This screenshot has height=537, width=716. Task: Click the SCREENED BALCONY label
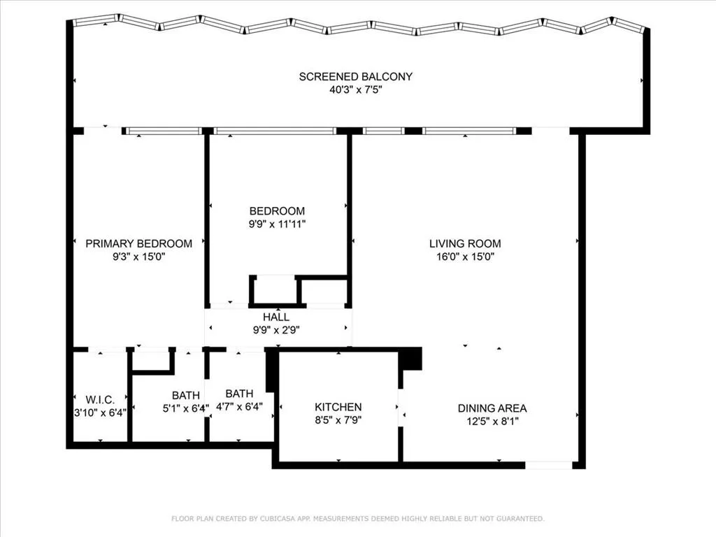click(355, 76)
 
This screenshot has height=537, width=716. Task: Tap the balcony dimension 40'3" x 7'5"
click(355, 89)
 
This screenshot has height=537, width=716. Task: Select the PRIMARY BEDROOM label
click(138, 243)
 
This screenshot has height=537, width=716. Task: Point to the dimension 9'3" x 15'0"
click(138, 257)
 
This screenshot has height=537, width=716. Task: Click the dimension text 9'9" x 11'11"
click(278, 224)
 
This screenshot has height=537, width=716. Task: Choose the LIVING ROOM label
click(465, 243)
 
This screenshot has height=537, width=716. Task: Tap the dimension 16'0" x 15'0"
click(465, 257)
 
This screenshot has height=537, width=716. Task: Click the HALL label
click(276, 317)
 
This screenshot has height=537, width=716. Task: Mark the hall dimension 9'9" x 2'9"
click(276, 330)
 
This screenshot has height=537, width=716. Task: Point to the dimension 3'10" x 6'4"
click(100, 413)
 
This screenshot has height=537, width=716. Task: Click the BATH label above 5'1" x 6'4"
click(185, 395)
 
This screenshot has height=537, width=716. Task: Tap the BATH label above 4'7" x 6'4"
click(239, 394)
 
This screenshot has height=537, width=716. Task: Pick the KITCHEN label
click(338, 407)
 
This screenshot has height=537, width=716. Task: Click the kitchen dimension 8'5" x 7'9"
click(338, 420)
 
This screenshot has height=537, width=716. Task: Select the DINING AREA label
click(492, 408)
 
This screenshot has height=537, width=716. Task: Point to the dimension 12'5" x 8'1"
click(492, 422)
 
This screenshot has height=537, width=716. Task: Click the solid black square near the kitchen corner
click(410, 359)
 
